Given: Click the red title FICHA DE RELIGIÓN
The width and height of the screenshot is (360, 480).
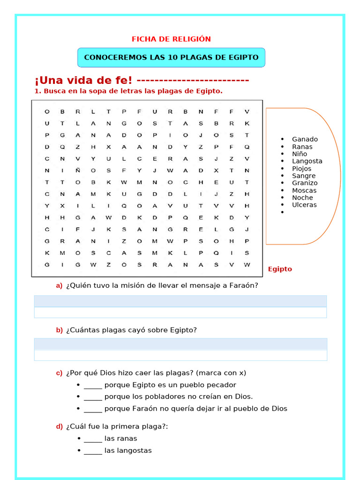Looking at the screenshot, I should (171, 39).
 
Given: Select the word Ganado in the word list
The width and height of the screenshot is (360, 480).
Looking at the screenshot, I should (305, 139).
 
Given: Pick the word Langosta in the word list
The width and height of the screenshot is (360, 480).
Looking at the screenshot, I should (307, 161).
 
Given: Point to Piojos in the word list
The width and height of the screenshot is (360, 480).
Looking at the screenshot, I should (301, 169).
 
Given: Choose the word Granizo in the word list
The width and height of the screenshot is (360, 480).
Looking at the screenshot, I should (305, 183).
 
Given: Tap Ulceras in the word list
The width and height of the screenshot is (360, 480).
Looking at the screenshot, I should (304, 205).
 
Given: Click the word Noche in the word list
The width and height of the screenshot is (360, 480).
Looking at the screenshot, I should (302, 198).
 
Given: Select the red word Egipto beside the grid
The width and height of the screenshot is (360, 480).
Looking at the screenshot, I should (280, 269).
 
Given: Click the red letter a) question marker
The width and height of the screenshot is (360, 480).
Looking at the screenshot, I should (59, 285).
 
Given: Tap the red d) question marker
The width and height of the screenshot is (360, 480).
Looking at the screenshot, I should (59, 426).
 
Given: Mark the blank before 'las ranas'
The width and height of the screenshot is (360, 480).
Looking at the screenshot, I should (93, 439).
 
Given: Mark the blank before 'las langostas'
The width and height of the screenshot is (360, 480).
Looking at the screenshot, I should (93, 451).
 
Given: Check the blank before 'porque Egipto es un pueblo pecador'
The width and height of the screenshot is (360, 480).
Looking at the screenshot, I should (93, 386).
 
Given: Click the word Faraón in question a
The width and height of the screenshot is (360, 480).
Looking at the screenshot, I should (245, 285).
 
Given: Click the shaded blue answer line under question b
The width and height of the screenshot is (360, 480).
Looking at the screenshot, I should (180, 344).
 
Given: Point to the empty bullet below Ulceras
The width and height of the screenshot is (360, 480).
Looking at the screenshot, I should (282, 212).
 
